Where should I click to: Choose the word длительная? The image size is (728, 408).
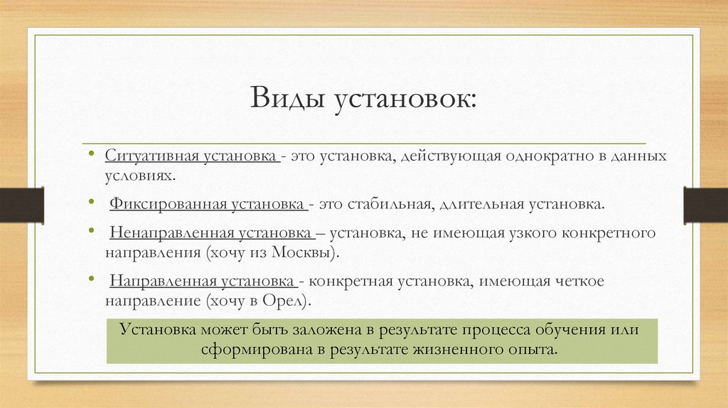(480, 205)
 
